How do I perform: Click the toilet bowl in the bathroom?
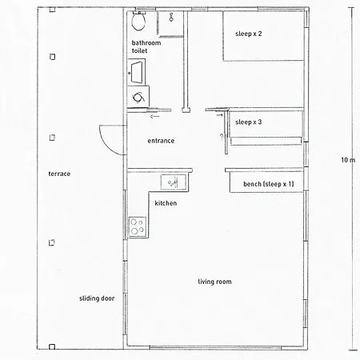138,21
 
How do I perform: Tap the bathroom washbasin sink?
137,72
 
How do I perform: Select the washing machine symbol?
138,97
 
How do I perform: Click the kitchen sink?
174,182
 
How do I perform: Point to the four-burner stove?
138,226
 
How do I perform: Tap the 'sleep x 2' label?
249,34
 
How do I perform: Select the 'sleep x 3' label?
249,122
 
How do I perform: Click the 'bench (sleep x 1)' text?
269,184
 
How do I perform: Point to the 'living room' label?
214,282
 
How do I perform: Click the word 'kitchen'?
166,203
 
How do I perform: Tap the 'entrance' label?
161,141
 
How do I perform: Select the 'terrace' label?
59,174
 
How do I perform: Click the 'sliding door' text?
97,298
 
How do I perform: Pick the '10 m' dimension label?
348,160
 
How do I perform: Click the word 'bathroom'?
146,43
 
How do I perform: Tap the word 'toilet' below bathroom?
139,50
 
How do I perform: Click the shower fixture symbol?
171,17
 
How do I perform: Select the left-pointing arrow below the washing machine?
154,116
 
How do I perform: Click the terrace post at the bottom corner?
52,346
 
